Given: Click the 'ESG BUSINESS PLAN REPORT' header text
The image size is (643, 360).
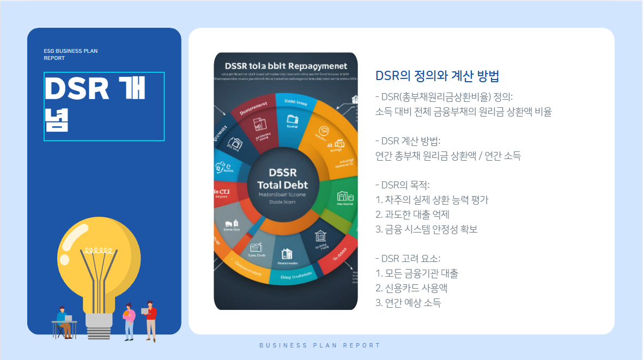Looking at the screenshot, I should tap(71, 54).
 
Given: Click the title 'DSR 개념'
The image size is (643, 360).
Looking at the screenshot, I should tap(95, 106).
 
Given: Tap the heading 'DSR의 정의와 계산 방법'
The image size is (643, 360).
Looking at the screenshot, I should tap(437, 76).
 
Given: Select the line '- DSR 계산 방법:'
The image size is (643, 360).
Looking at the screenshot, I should tap(411, 142).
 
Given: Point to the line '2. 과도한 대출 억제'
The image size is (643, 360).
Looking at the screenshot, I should tap(413, 215).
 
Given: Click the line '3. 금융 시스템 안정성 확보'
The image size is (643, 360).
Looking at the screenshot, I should tap(427, 229).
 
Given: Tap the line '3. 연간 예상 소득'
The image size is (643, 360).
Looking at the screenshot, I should tap(408, 303).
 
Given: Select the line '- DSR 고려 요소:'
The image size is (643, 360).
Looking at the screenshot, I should tap(408, 259).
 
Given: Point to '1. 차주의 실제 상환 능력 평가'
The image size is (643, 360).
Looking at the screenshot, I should tap(432, 200).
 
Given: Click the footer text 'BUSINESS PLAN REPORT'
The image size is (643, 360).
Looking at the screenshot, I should tap(320, 345).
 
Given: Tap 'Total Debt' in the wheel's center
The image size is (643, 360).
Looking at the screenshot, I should tap(282, 185).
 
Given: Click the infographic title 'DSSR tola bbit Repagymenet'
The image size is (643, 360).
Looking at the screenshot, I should tap(286, 66).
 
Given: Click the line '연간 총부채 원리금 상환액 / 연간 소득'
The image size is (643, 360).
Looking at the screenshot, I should tap(448, 156).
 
